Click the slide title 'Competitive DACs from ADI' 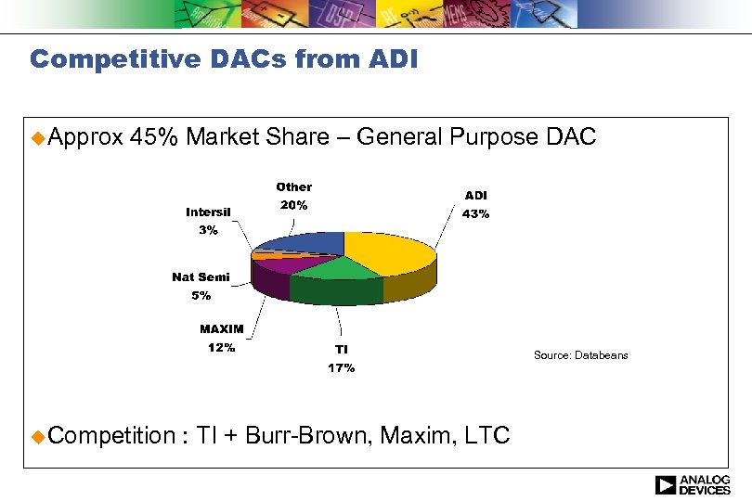pyautogui.click(x=224, y=60)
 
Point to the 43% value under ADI pyautogui.click(x=475, y=214)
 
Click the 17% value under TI pyautogui.click(x=341, y=368)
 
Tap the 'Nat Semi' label pyautogui.click(x=201, y=277)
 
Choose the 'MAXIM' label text pyautogui.click(x=221, y=329)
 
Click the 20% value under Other pyautogui.click(x=294, y=205)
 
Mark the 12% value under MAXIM pyautogui.click(x=221, y=349)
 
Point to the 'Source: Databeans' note pyautogui.click(x=580, y=355)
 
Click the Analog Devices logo pyautogui.click(x=692, y=484)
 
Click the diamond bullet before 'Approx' pyautogui.click(x=36, y=138)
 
